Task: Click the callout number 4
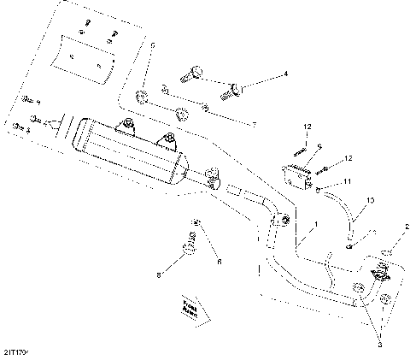(x=286, y=75)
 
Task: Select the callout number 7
(x=254, y=124)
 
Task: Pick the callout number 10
(x=369, y=201)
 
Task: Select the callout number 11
(x=348, y=181)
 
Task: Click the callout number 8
(x=159, y=274)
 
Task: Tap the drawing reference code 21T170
(x=15, y=350)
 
